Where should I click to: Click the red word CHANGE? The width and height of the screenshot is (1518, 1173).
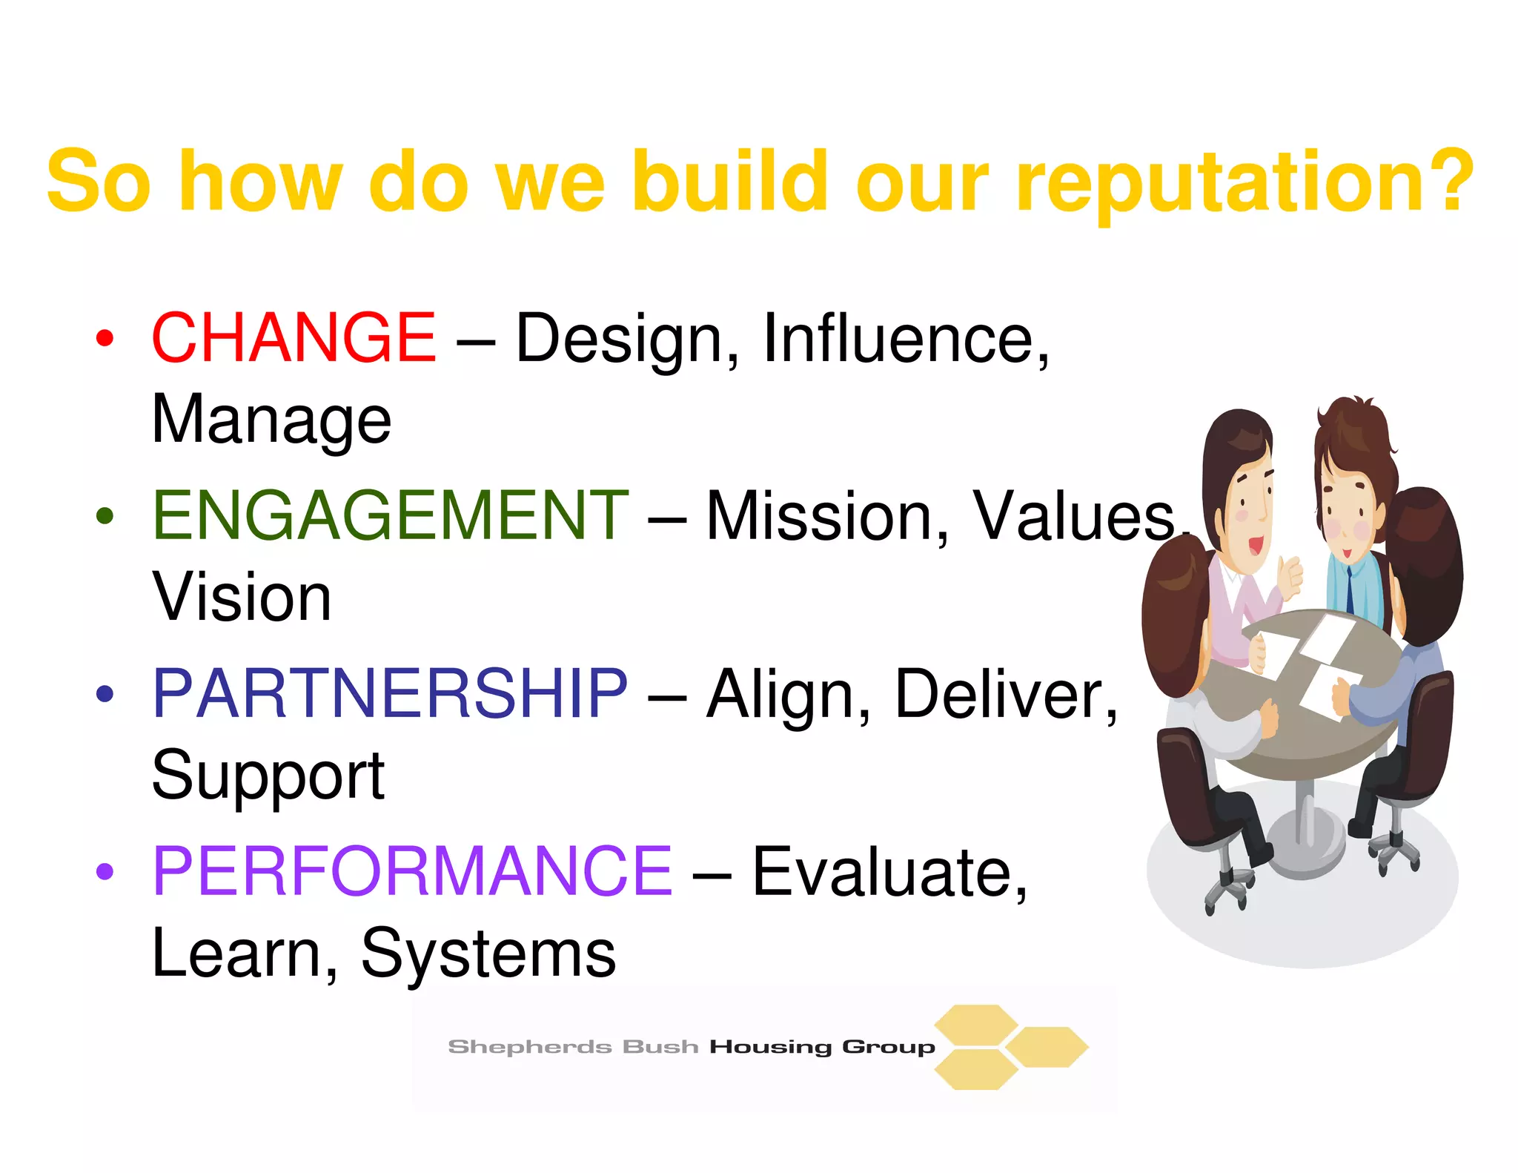pos(294,337)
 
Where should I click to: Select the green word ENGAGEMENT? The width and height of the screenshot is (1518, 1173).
pos(390,515)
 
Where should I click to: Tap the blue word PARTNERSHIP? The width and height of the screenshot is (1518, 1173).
pos(390,693)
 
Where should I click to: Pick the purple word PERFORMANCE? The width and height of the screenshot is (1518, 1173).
pos(412,871)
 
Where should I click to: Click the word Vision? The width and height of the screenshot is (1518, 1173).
pos(242,598)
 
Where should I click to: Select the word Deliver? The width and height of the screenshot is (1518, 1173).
pos(1004,695)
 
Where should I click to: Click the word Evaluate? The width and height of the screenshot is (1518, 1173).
pos(889,873)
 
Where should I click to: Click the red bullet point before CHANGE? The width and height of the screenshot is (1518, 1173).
pos(105,339)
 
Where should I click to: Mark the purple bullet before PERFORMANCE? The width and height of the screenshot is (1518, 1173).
pos(105,871)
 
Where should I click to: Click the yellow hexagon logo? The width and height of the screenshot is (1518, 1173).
pos(1010,1047)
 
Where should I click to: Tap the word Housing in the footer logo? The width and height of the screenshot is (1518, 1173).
pos(771,1047)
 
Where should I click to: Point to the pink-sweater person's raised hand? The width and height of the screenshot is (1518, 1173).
pos(1291,575)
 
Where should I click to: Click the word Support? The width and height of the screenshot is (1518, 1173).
pos(268,776)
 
